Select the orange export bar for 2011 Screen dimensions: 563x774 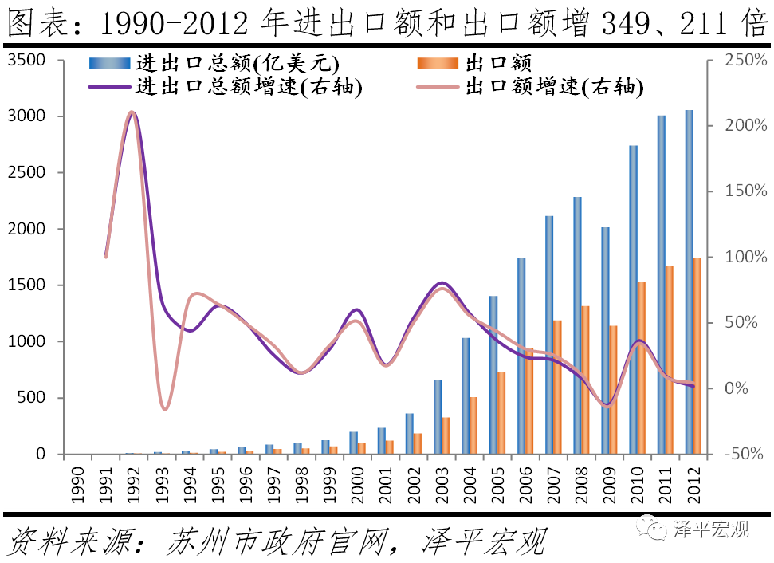[669, 360]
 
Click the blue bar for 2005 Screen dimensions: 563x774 [493, 375]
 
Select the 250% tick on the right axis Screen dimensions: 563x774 [745, 60]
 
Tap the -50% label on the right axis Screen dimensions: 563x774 [745, 454]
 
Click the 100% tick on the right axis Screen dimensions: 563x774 [745, 257]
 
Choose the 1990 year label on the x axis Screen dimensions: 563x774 [78, 483]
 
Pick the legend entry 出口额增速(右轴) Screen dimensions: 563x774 [554, 87]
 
